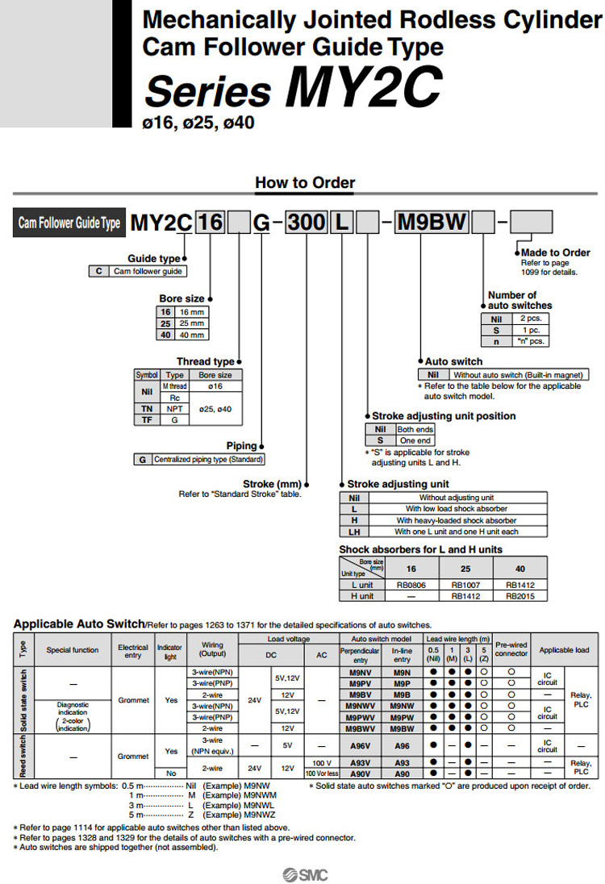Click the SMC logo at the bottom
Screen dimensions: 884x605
click(x=305, y=874)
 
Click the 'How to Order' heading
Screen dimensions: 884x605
click(x=305, y=182)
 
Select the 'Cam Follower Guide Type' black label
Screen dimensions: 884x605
click(x=69, y=223)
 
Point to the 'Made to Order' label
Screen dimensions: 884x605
click(x=556, y=252)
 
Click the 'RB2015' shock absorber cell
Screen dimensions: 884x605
click(x=519, y=596)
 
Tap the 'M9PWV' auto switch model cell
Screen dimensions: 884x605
click(x=360, y=716)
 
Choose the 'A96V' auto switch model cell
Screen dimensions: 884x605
click(x=360, y=746)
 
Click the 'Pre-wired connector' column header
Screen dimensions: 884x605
click(x=511, y=648)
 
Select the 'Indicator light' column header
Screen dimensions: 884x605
click(x=170, y=651)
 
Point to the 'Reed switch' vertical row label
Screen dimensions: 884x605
click(x=22, y=757)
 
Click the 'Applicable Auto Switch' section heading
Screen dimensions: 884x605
click(x=78, y=623)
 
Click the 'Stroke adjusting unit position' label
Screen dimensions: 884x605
click(x=443, y=415)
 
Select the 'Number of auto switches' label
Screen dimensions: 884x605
click(x=519, y=300)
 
